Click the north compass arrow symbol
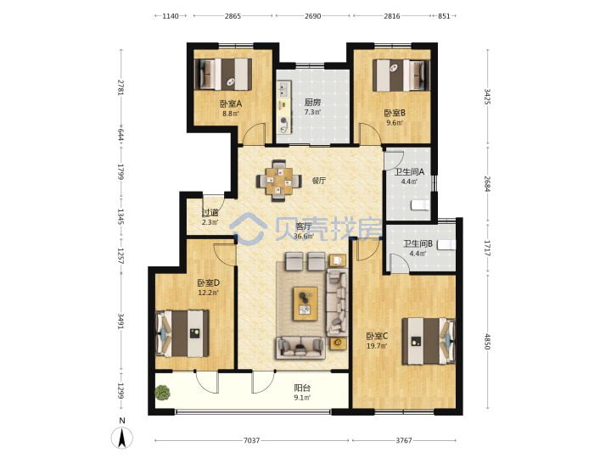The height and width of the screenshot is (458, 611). click(122, 438)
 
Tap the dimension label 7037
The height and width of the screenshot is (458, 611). click(251, 440)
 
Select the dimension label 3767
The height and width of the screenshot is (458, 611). click(404, 440)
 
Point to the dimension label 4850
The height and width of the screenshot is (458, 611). click(487, 342)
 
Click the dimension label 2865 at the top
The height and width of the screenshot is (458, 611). click(233, 16)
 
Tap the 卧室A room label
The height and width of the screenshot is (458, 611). click(231, 103)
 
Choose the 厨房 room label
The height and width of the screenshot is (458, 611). click(312, 103)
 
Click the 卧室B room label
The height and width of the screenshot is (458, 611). click(395, 113)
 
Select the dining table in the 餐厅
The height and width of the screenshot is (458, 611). click(279, 182)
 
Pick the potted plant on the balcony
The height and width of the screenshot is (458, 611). click(162, 393)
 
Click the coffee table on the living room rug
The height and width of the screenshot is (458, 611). click(305, 304)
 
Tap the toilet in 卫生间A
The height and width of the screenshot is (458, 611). click(420, 205)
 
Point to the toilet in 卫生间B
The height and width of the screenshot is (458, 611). click(446, 244)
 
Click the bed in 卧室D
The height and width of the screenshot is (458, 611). click(182, 333)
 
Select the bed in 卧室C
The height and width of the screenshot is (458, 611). click(429, 342)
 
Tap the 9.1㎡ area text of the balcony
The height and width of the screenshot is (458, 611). click(302, 398)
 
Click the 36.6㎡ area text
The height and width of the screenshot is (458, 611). click(304, 236)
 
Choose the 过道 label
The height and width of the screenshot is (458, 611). click(210, 213)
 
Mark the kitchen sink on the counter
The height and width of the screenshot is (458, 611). click(283, 89)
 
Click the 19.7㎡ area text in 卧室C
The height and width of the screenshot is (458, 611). click(377, 345)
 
